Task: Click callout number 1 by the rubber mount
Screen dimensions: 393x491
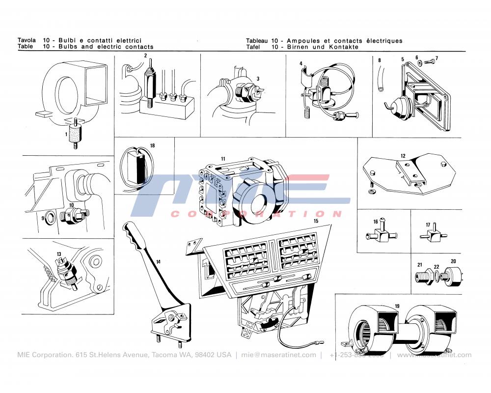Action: point(66,134)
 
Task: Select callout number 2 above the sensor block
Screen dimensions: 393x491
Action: point(146,56)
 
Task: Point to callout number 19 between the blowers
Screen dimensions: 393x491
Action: point(397,306)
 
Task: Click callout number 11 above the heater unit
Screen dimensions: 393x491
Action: point(223,159)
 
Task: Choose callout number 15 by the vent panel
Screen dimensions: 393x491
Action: point(316,222)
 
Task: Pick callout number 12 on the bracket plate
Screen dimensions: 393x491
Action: point(403,156)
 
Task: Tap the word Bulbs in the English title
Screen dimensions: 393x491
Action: point(69,47)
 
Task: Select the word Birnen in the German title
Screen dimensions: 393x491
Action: point(298,47)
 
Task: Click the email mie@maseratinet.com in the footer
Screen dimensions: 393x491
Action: point(278,355)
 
